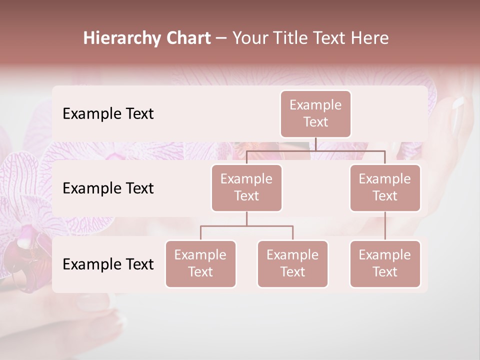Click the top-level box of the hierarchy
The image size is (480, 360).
(315, 113)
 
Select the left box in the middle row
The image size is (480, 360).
(246, 187)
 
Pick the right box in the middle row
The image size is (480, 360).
(385, 187)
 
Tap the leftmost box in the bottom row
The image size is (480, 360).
(200, 263)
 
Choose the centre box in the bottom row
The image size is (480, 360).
(292, 263)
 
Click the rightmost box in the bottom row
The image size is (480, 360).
(385, 263)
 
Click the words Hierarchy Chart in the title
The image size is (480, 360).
(147, 38)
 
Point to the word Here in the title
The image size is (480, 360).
(370, 38)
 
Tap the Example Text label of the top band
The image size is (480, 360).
(108, 113)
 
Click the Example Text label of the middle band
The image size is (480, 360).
(108, 188)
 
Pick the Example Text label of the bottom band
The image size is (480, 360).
(108, 264)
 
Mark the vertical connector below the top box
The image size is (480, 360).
(315, 144)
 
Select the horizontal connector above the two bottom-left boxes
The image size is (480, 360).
(246, 226)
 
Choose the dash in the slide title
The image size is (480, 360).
(221, 38)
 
